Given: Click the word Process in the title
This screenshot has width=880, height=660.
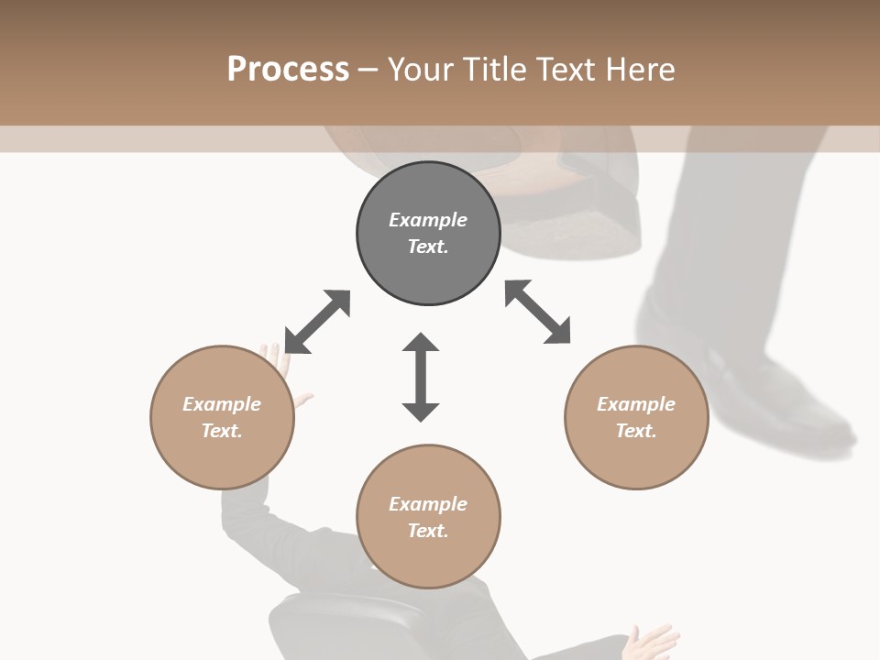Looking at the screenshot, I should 288,70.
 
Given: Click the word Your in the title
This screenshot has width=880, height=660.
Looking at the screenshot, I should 419,70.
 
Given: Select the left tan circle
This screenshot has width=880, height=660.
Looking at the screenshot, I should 222,449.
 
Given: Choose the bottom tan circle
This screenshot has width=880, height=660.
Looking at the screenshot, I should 428,559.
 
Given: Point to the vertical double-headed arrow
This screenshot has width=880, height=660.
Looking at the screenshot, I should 421,377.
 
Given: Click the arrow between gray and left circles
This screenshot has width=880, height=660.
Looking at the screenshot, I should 317,322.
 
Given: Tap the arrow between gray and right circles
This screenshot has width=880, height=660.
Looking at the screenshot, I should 538,312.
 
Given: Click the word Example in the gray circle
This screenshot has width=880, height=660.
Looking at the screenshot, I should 428,220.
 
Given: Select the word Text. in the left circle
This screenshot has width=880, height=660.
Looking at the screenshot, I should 222,431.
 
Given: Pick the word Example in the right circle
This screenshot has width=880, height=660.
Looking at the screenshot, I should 636,404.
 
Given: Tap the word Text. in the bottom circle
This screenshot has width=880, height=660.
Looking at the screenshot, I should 428,531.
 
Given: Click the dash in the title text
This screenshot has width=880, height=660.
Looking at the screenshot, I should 368,70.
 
